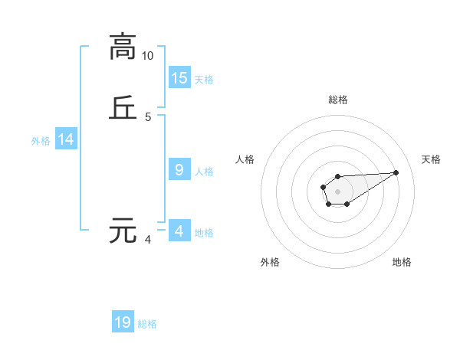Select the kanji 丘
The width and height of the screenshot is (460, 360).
click(x=123, y=108)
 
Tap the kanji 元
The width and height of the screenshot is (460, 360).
click(x=123, y=231)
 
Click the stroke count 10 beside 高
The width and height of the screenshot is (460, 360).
click(x=148, y=55)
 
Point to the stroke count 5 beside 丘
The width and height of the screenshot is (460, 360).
click(x=148, y=117)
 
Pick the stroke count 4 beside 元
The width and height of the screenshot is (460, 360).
click(x=148, y=240)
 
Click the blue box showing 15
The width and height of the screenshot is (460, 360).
click(x=179, y=77)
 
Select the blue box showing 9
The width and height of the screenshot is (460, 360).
click(x=179, y=170)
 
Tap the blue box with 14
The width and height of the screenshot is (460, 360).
click(x=66, y=139)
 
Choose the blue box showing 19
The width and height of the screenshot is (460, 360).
click(x=123, y=322)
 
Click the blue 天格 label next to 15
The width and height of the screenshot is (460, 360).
click(x=204, y=80)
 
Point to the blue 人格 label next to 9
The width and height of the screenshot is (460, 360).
click(x=204, y=172)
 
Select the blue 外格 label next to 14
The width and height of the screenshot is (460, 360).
click(x=41, y=141)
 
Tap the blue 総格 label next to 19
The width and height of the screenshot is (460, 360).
click(x=147, y=324)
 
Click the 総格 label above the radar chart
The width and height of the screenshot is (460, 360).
click(x=337, y=100)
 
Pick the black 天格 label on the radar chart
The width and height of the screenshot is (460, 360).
click(x=432, y=159)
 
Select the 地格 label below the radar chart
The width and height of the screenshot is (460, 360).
click(x=402, y=262)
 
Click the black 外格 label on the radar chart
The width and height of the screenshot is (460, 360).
click(x=270, y=262)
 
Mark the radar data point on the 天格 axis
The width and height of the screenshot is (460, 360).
click(x=396, y=172)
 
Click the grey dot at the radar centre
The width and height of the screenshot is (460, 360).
click(x=337, y=191)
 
